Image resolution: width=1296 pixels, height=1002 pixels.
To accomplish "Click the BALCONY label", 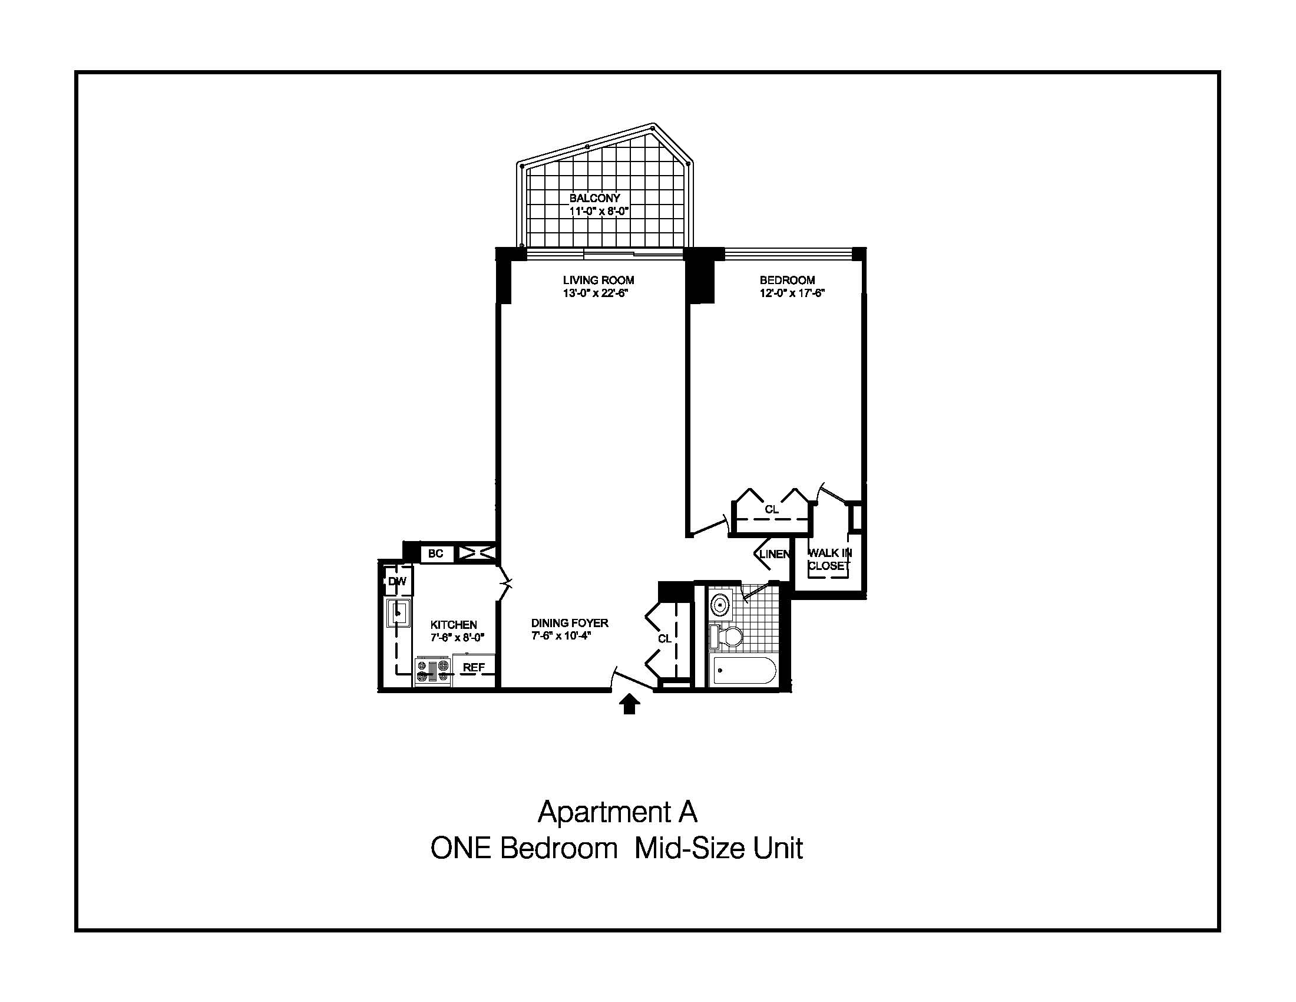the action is point(594,198).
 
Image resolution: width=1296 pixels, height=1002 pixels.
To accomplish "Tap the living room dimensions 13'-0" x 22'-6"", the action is point(596,294).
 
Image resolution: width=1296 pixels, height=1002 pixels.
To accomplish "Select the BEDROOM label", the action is point(788,280).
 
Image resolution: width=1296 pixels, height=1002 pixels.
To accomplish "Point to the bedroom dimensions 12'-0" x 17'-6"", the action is point(792,294).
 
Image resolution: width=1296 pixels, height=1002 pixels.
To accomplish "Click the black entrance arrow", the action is point(629,704).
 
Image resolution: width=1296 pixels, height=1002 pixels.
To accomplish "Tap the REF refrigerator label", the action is point(474,667).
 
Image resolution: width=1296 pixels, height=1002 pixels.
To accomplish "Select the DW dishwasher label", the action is point(397,581).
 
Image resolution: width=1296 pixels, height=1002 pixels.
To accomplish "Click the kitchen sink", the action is point(398,612).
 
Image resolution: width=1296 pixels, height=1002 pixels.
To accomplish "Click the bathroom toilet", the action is point(726,637).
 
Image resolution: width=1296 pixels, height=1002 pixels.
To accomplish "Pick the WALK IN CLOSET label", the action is point(830,559).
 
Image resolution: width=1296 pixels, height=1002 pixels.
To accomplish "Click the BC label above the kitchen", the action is point(435,553).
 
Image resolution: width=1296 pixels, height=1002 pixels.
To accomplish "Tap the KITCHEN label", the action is point(454,624).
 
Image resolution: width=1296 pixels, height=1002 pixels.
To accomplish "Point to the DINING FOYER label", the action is point(570,622).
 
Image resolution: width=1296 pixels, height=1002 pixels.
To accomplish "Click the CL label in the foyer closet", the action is point(664,638).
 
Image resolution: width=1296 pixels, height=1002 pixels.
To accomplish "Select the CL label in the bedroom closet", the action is point(772,509).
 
